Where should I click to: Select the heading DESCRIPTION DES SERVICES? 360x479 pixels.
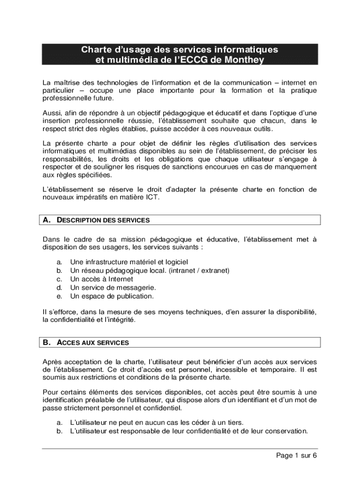tap(103, 220)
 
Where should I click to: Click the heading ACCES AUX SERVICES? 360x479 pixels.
tap(93, 343)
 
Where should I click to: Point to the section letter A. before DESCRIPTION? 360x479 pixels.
tap(46, 220)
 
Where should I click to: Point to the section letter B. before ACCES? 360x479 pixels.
tap(46, 343)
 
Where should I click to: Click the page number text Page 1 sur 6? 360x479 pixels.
tap(296, 456)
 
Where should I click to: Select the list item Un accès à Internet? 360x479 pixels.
tap(98, 279)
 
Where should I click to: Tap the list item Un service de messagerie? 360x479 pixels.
tap(113, 288)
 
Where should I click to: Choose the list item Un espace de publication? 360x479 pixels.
tap(111, 296)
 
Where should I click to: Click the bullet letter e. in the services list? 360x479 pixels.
tap(59, 296)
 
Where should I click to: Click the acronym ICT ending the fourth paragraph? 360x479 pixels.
tap(153, 198)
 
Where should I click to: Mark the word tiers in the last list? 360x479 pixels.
tap(234, 422)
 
